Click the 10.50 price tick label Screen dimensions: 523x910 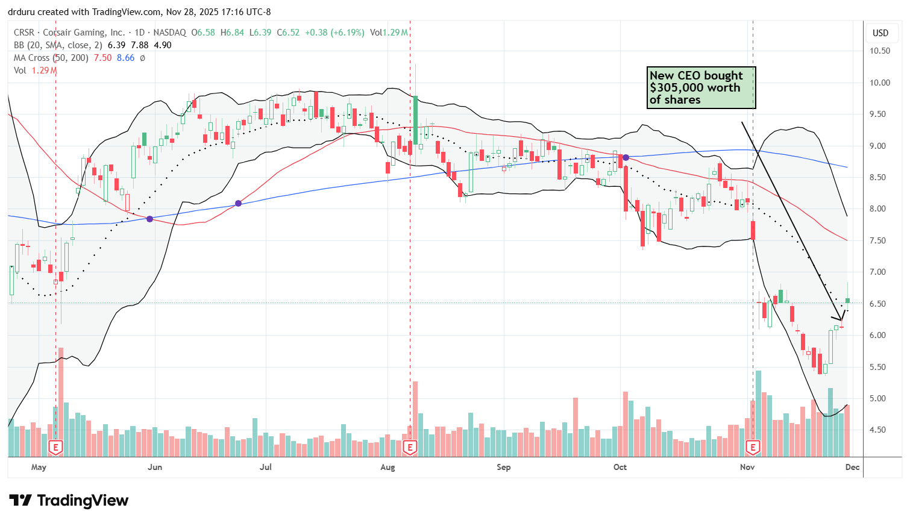tap(880, 51)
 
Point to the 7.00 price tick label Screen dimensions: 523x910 tap(880, 272)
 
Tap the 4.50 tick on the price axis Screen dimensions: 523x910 tap(880, 430)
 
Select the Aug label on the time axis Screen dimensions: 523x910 tap(388, 468)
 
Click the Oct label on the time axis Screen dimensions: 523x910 tap(620, 468)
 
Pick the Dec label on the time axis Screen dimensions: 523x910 tap(852, 468)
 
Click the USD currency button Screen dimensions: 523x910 tap(880, 33)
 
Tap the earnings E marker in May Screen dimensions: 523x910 tap(55, 448)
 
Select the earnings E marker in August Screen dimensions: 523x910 tap(410, 448)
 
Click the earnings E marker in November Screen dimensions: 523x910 tap(753, 448)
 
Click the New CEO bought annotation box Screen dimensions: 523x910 tap(700, 88)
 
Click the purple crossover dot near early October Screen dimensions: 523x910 tap(626, 157)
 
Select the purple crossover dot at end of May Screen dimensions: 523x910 tap(149, 219)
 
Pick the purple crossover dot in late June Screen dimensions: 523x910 tap(238, 204)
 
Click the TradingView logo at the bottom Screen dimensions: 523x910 tap(69, 501)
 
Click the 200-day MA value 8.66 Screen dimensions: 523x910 tap(125, 58)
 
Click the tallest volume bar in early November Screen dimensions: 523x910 tap(758, 413)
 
